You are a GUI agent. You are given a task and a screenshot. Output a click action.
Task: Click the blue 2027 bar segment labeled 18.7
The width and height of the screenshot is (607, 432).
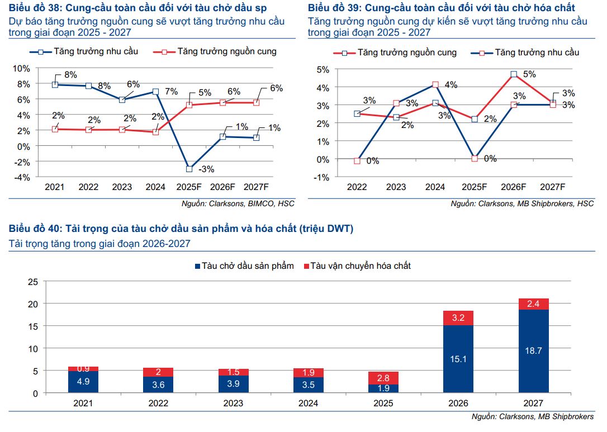533,350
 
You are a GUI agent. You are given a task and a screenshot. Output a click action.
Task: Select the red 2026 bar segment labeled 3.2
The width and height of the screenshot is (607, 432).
458,318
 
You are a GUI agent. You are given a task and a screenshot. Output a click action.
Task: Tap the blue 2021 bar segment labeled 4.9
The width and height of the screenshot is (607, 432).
83,382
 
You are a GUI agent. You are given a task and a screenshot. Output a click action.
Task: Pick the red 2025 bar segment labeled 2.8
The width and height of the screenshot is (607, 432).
383,378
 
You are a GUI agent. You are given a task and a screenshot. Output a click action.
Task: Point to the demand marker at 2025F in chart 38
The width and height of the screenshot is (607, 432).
189,169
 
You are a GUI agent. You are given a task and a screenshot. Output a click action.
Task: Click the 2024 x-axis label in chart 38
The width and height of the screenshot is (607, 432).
155,187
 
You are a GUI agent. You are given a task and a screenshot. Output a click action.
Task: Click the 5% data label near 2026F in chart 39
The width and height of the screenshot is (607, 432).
529,74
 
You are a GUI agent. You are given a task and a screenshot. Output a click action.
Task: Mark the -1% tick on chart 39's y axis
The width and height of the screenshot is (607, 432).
323,177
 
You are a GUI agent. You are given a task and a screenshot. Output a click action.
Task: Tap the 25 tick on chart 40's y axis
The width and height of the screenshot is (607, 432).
32,282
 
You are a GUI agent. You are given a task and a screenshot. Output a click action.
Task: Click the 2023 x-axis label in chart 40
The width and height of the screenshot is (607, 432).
233,403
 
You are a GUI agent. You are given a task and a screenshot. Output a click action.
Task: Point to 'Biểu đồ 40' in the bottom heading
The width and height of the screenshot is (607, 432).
33,229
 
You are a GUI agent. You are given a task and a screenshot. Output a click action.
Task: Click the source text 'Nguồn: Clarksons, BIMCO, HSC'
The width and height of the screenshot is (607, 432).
238,203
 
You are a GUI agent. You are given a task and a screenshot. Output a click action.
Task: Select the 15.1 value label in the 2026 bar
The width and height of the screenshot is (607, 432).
458,359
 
